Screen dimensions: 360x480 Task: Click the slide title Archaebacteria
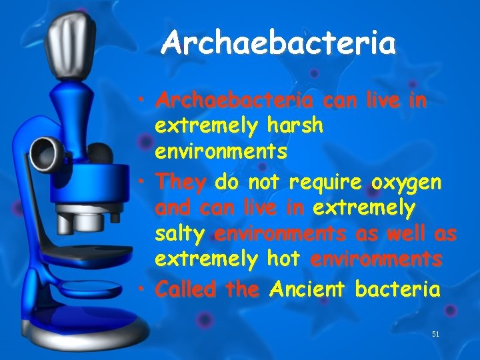(x=279, y=43)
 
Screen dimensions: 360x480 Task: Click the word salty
(x=181, y=234)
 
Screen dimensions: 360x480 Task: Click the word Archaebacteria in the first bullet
(x=234, y=101)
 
